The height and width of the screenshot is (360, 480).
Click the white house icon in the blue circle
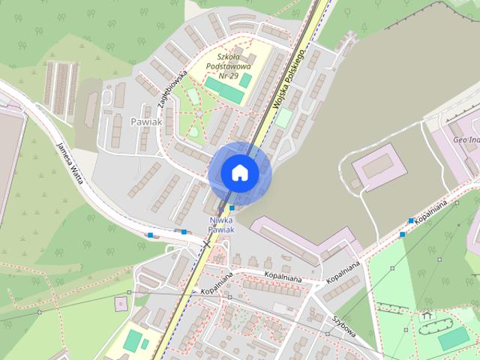pyautogui.click(x=239, y=172)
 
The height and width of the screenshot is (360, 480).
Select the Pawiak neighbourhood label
pyautogui.click(x=145, y=121)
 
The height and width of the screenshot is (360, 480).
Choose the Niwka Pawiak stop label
pyautogui.click(x=221, y=224)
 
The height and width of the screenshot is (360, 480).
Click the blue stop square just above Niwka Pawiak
pyautogui.click(x=232, y=208)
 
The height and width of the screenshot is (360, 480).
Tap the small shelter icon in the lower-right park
pyautogui.click(x=427, y=316)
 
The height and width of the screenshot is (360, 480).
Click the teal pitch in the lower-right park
pyautogui.click(x=452, y=339)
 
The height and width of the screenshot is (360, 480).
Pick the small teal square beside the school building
pyautogui.click(x=246, y=80)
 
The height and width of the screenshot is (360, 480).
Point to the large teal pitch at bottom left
pyautogui.click(x=133, y=341)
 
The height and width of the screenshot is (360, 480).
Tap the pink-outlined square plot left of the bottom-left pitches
pyautogui.click(x=121, y=304)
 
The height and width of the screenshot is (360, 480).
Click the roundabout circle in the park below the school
pyautogui.click(x=193, y=132)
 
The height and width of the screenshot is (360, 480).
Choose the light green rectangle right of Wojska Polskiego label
pyautogui.click(x=283, y=118)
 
